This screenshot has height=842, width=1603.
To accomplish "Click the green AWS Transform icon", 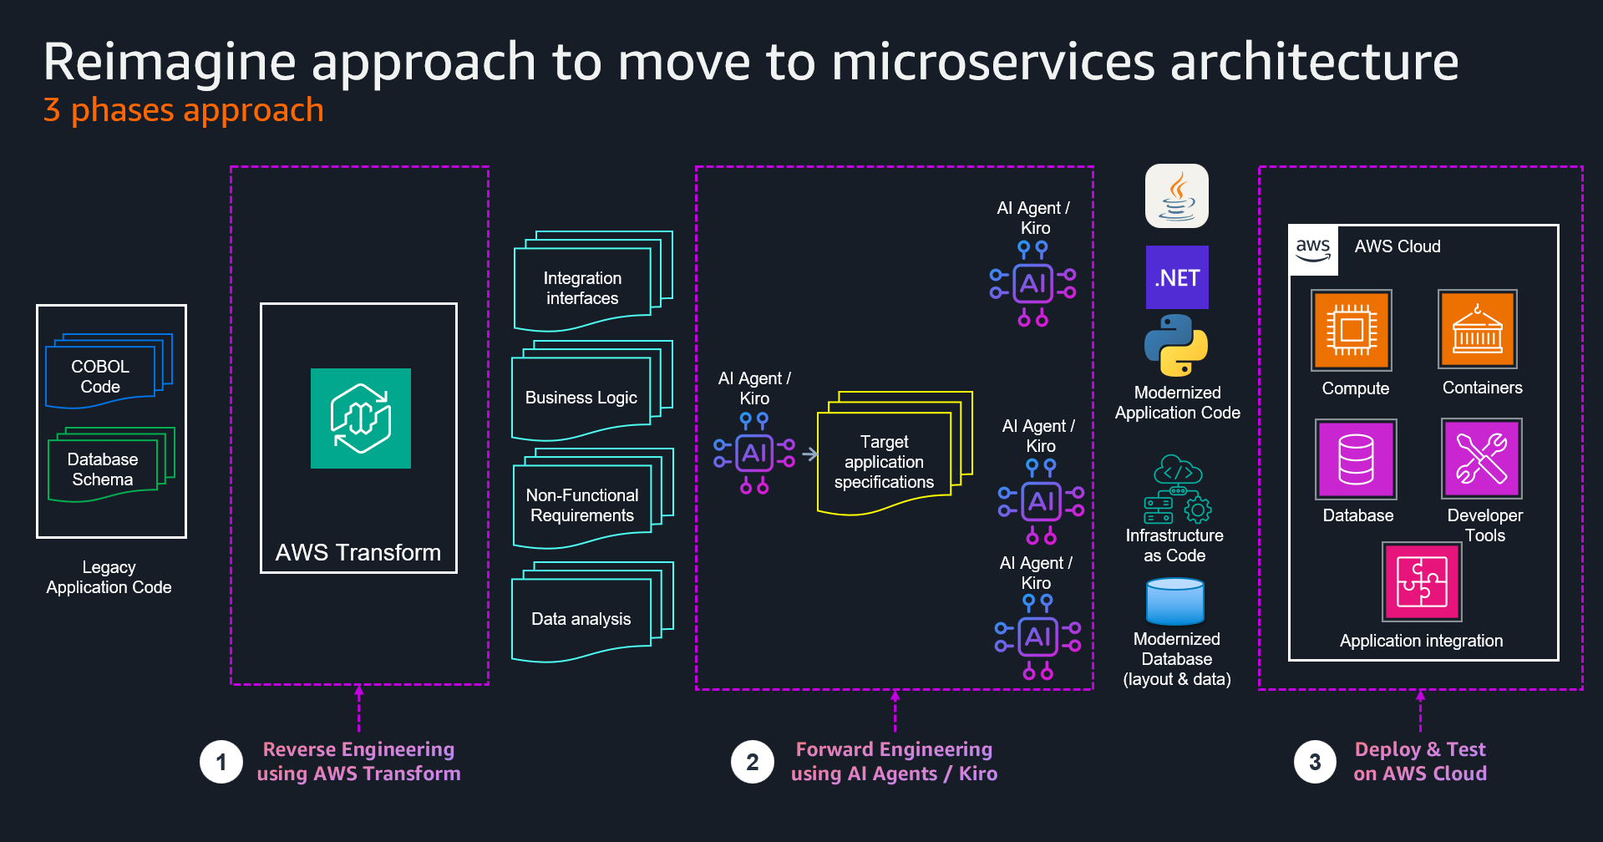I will (x=360, y=418).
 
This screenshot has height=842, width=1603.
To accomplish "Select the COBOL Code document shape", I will (x=101, y=376).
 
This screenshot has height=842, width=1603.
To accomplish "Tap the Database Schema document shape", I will (x=103, y=469).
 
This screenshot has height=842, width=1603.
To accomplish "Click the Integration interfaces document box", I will (x=582, y=287).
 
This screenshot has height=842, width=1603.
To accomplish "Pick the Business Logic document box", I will (x=581, y=398).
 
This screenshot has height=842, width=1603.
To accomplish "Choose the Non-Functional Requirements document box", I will (x=582, y=505).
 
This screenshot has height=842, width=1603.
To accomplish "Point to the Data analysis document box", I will (x=581, y=618).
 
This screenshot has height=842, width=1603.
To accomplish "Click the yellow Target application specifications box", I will (x=884, y=461).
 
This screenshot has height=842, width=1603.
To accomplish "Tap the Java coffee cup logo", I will (x=1176, y=196).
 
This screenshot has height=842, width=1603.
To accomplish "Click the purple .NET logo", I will (x=1176, y=277).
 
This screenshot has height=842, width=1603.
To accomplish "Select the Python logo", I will (x=1176, y=345).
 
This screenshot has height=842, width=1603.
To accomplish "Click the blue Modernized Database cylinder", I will (x=1174, y=601).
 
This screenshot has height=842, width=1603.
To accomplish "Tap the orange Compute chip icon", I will (x=1351, y=330).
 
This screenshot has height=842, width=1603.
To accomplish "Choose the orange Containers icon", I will (x=1477, y=329).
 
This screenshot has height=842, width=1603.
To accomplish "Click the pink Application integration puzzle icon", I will (x=1422, y=581).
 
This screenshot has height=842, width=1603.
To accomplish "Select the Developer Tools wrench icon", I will (x=1481, y=459).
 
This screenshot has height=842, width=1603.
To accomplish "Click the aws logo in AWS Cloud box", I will (x=1313, y=249).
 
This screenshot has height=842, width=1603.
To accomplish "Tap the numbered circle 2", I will (x=753, y=762).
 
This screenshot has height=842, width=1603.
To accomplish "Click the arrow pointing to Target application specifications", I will (x=809, y=454).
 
